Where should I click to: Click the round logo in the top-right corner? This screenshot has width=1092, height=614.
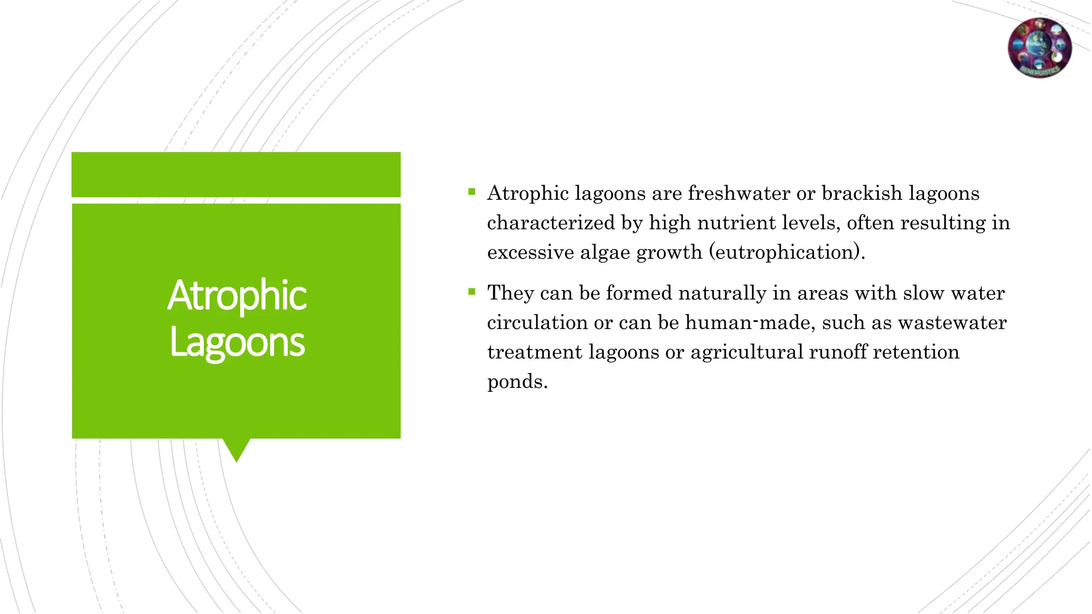point(1039,48)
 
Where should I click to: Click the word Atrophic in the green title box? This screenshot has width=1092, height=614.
point(237,296)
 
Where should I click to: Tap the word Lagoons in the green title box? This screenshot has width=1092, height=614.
point(237,343)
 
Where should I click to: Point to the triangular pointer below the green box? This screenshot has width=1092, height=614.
point(236,449)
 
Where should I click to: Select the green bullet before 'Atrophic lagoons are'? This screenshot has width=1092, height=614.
point(471,192)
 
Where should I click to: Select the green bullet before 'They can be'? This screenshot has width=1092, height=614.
point(471,292)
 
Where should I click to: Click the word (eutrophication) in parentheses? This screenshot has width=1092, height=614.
point(786,252)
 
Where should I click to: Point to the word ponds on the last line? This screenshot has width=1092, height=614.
point(517,382)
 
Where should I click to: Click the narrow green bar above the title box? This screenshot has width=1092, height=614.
point(236,174)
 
